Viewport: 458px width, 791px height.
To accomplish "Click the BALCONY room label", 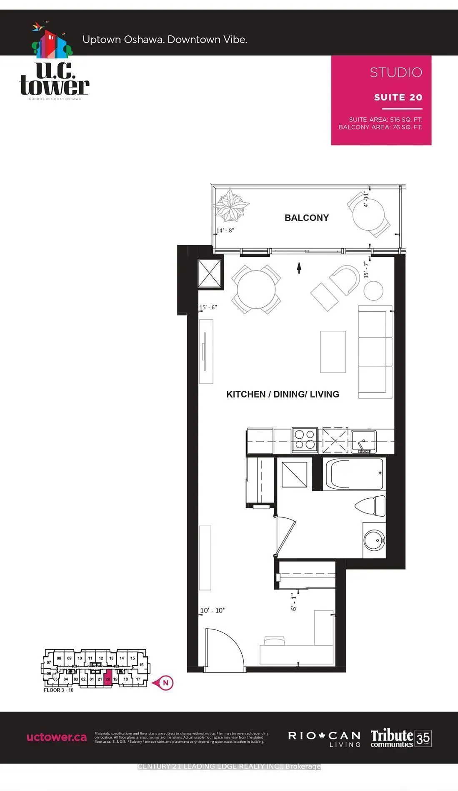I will tap(307, 218).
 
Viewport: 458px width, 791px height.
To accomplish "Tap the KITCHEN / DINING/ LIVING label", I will tap(283, 394).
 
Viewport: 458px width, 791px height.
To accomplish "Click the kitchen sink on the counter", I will tap(363, 441).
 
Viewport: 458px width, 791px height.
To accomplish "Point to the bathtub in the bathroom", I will tap(354, 474).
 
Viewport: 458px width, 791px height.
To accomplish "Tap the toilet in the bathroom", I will tap(371, 506).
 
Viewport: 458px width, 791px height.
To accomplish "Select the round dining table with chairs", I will tap(256, 289).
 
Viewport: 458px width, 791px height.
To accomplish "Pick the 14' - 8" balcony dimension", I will tap(225, 231).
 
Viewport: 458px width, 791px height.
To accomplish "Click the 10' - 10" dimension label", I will tap(213, 611).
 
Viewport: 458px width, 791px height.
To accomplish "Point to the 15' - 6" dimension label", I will tap(208, 308).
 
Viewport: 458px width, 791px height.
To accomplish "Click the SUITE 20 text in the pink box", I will tap(398, 97).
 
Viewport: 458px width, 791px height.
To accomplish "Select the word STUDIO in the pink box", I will tap(396, 72).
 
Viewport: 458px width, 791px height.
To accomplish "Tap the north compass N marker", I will tap(165, 683).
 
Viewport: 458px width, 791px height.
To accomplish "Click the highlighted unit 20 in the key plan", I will tap(108, 679).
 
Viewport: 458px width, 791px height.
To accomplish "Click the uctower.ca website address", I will tap(57, 738).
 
